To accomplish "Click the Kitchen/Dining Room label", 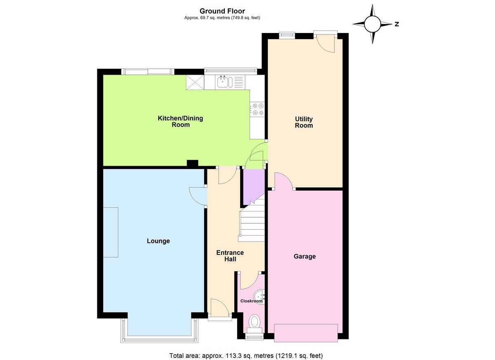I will [x=180, y=121].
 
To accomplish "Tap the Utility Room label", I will [x=304, y=122].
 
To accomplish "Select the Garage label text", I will [x=304, y=256].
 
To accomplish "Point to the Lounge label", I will [x=158, y=241].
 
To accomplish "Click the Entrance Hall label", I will [x=230, y=256].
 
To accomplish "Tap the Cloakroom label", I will [x=251, y=301].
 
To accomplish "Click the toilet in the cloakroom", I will [x=255, y=321].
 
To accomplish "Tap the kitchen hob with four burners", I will [x=258, y=109].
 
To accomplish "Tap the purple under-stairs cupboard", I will [x=252, y=186].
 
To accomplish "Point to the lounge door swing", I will [x=197, y=195].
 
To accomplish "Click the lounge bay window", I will [x=160, y=332].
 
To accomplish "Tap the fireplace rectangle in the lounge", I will [x=111, y=233].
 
